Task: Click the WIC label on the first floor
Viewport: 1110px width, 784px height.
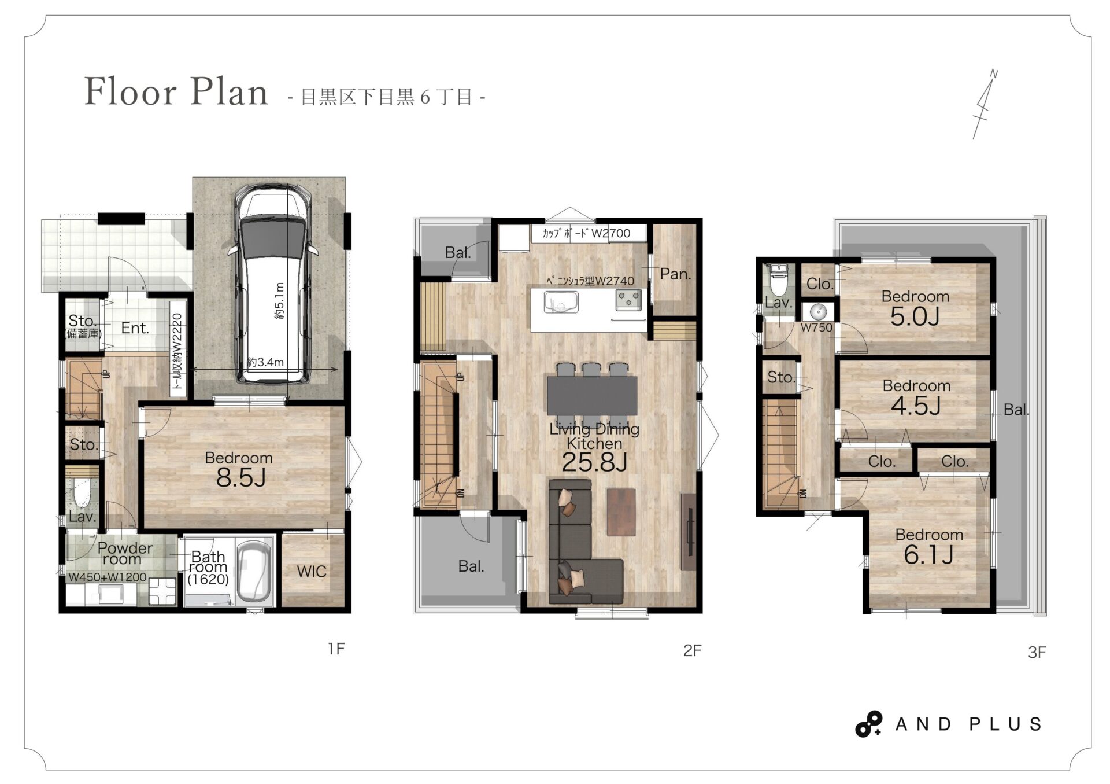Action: [312, 572]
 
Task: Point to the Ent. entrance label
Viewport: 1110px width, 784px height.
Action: [135, 328]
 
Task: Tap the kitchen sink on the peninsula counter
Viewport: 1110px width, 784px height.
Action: [560, 303]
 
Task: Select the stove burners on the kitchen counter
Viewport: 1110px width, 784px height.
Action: [628, 300]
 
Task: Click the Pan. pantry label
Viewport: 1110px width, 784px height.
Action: [675, 274]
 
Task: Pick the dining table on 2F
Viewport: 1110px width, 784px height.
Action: [592, 396]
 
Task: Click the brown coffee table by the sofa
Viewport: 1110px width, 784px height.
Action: [621, 512]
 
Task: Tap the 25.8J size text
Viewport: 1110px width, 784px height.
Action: [594, 462]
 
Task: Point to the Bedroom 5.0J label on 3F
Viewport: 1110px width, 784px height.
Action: [915, 308]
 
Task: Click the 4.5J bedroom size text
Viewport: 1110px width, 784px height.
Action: [916, 406]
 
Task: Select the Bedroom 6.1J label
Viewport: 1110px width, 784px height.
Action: [929, 546]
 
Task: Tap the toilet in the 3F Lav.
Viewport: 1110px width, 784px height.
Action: [778, 281]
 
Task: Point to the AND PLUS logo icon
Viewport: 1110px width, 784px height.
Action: [868, 724]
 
